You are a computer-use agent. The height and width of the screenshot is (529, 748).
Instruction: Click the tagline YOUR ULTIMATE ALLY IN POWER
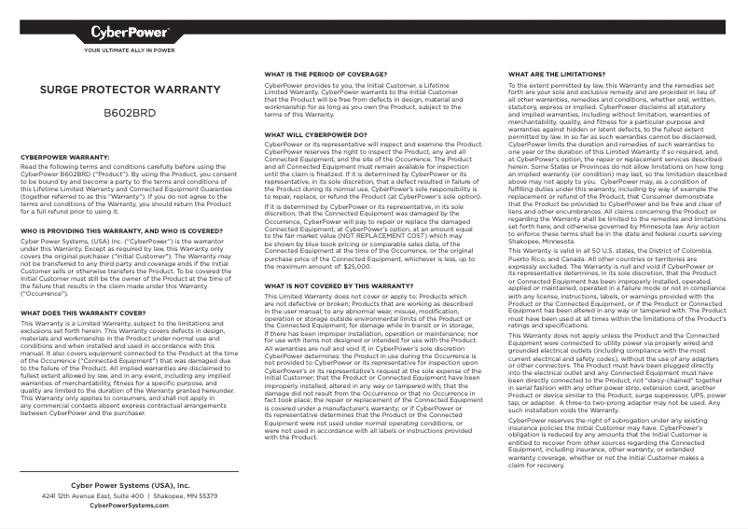[130, 50]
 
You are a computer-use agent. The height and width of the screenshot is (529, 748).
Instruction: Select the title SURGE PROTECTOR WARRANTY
[129, 90]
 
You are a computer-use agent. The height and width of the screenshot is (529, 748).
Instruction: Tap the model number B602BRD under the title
[129, 112]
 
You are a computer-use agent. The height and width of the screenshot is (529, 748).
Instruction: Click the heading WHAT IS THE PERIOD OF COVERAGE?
[326, 73]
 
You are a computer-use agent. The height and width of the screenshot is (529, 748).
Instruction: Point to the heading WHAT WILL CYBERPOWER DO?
[315, 134]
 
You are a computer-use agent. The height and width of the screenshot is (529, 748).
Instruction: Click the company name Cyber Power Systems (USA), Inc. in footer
[130, 486]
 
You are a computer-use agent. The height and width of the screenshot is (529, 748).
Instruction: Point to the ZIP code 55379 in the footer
[206, 495]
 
